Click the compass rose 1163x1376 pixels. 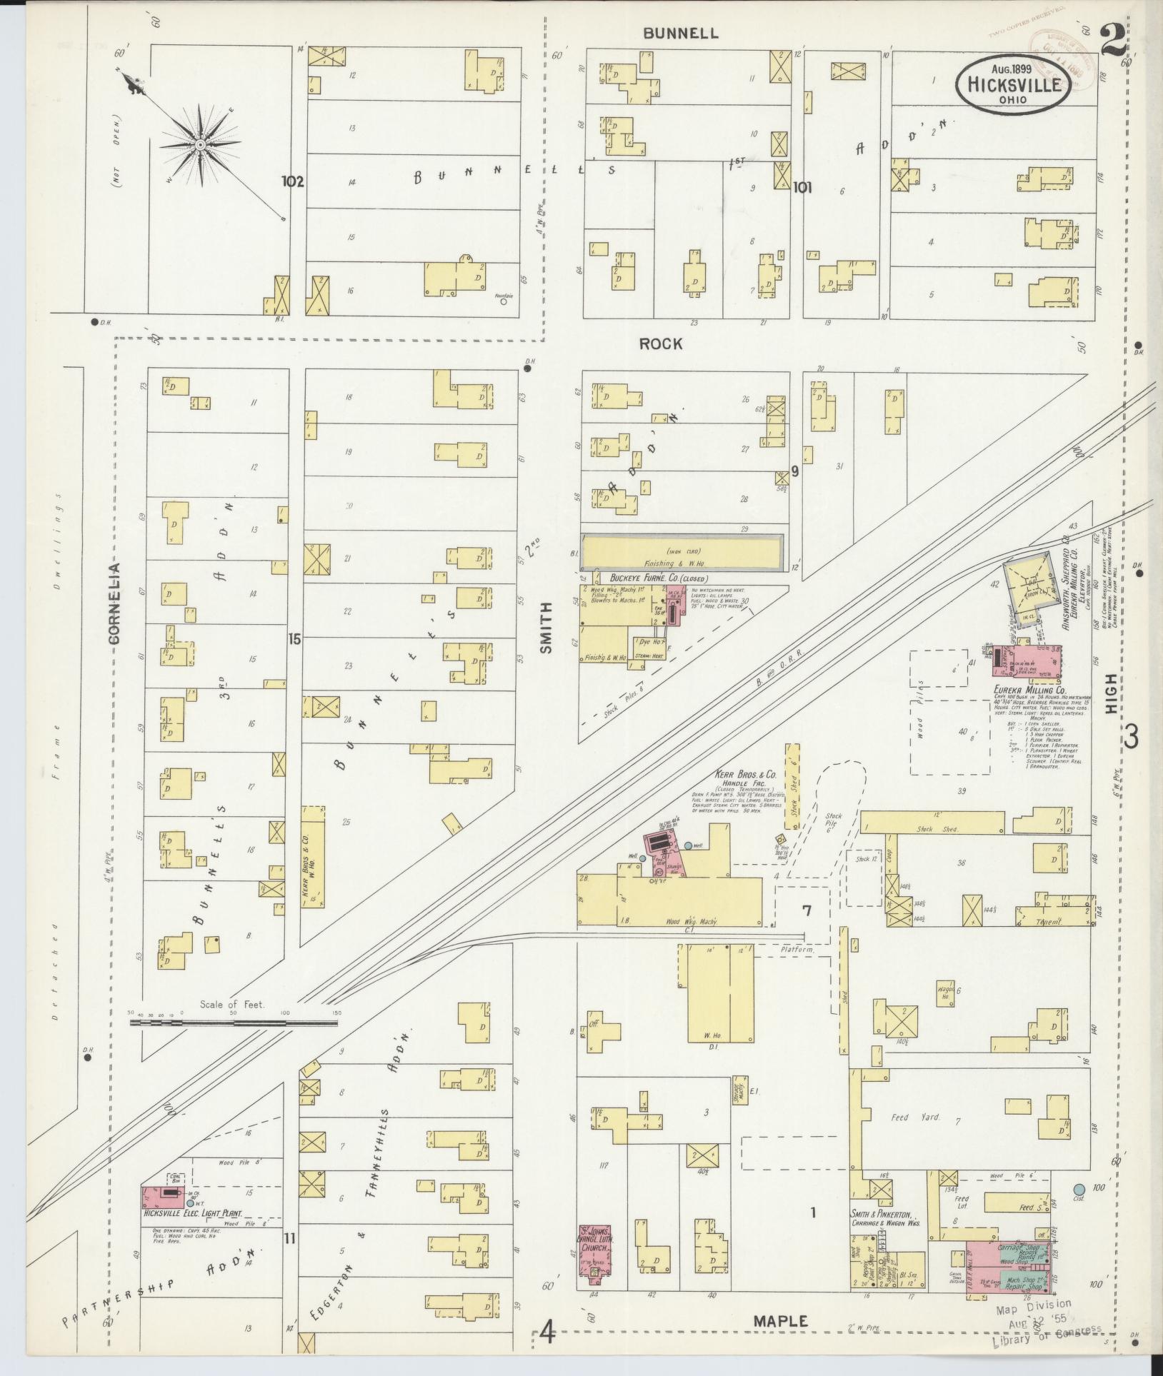[201, 144]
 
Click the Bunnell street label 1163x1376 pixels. [680, 33]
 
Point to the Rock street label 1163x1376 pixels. [660, 343]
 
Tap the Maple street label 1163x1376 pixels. [781, 1321]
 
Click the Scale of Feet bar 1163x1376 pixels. [234, 1023]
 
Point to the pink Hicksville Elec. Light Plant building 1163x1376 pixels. [164, 1194]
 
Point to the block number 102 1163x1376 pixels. [292, 181]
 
